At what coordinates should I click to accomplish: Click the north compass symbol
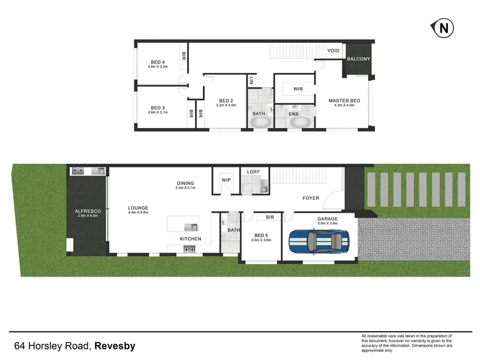(442, 28)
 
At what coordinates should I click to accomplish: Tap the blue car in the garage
(319, 241)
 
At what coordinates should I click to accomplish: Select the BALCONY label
(358, 59)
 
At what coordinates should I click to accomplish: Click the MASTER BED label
(344, 101)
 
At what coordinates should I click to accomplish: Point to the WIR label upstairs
(298, 89)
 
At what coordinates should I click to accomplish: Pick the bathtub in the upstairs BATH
(259, 123)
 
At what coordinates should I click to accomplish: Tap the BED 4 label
(156, 61)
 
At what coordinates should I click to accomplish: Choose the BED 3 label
(156, 108)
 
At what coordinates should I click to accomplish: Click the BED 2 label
(227, 101)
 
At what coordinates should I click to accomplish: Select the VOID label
(333, 50)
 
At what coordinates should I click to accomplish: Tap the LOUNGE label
(138, 208)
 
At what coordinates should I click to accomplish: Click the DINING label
(186, 184)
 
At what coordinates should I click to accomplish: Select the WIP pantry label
(225, 180)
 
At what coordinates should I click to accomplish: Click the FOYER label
(310, 198)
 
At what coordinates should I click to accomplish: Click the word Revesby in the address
(115, 347)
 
